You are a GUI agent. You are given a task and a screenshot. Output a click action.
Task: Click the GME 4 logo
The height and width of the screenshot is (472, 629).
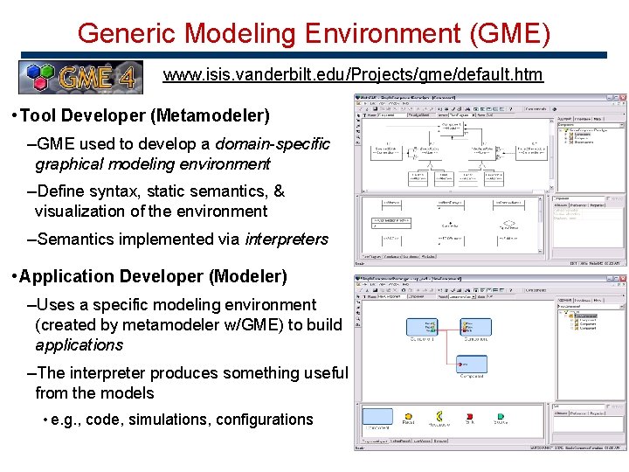pyautogui.click(x=80, y=77)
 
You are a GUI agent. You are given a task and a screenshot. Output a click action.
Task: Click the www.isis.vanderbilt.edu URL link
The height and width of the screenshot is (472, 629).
pyautogui.click(x=353, y=74)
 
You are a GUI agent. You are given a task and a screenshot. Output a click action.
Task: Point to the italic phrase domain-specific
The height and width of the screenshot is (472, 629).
pyautogui.click(x=273, y=143)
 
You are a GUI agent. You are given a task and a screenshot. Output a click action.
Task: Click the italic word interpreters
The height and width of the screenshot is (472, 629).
pyautogui.click(x=287, y=239)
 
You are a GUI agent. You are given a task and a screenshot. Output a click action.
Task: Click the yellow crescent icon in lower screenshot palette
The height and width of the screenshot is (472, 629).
pyautogui.click(x=439, y=416)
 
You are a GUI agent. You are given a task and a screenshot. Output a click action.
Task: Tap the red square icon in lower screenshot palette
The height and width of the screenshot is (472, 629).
pyautogui.click(x=469, y=416)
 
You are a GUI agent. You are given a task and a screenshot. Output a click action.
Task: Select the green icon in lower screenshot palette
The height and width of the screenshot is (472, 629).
pyautogui.click(x=501, y=416)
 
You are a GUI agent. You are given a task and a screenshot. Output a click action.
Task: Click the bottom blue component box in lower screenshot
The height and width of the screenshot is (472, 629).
pyautogui.click(x=477, y=361)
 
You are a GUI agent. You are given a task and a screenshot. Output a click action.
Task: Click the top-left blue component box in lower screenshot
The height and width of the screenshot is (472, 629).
pyautogui.click(x=423, y=325)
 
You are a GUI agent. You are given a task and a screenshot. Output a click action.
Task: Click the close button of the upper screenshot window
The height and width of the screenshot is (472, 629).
pyautogui.click(x=622, y=97)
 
